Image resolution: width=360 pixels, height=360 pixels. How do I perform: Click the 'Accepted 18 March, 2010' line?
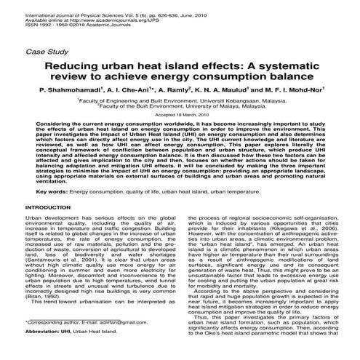pos(180,116)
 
